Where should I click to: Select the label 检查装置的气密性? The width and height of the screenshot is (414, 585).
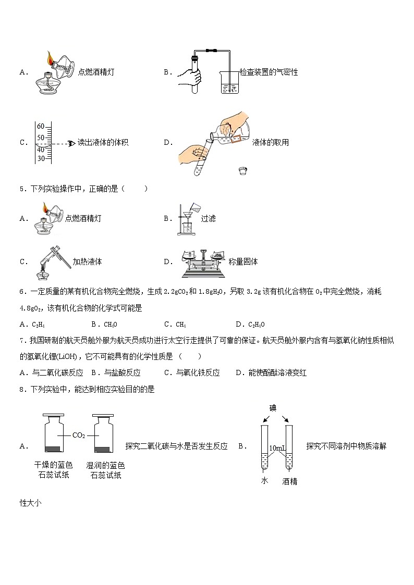(269, 72)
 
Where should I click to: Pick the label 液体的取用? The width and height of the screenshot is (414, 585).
(270, 143)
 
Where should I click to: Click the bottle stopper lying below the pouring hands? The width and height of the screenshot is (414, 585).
(242, 170)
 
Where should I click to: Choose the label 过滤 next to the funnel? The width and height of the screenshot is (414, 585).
(208, 219)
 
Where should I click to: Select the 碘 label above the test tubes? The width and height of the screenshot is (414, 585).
(273, 407)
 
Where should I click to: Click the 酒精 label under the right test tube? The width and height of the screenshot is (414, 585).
(289, 481)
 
